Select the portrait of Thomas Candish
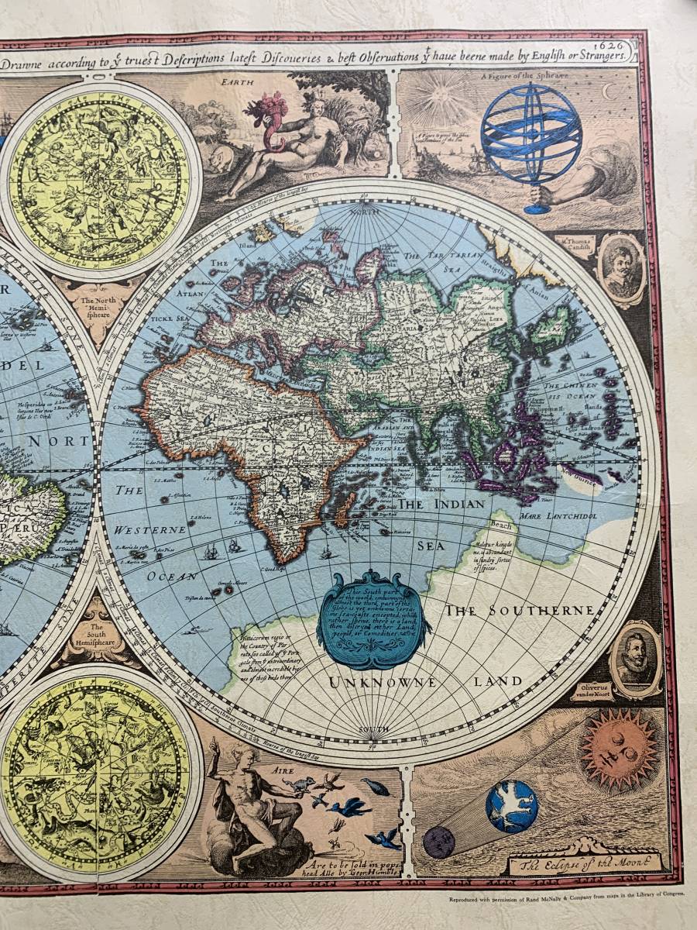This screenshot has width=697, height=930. click(622, 268)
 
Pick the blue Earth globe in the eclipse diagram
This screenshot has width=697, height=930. click(511, 806)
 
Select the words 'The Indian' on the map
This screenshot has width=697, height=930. click(441, 504)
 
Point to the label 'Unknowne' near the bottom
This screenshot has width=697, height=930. click(383, 683)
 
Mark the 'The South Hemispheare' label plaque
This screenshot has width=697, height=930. click(96, 635)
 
